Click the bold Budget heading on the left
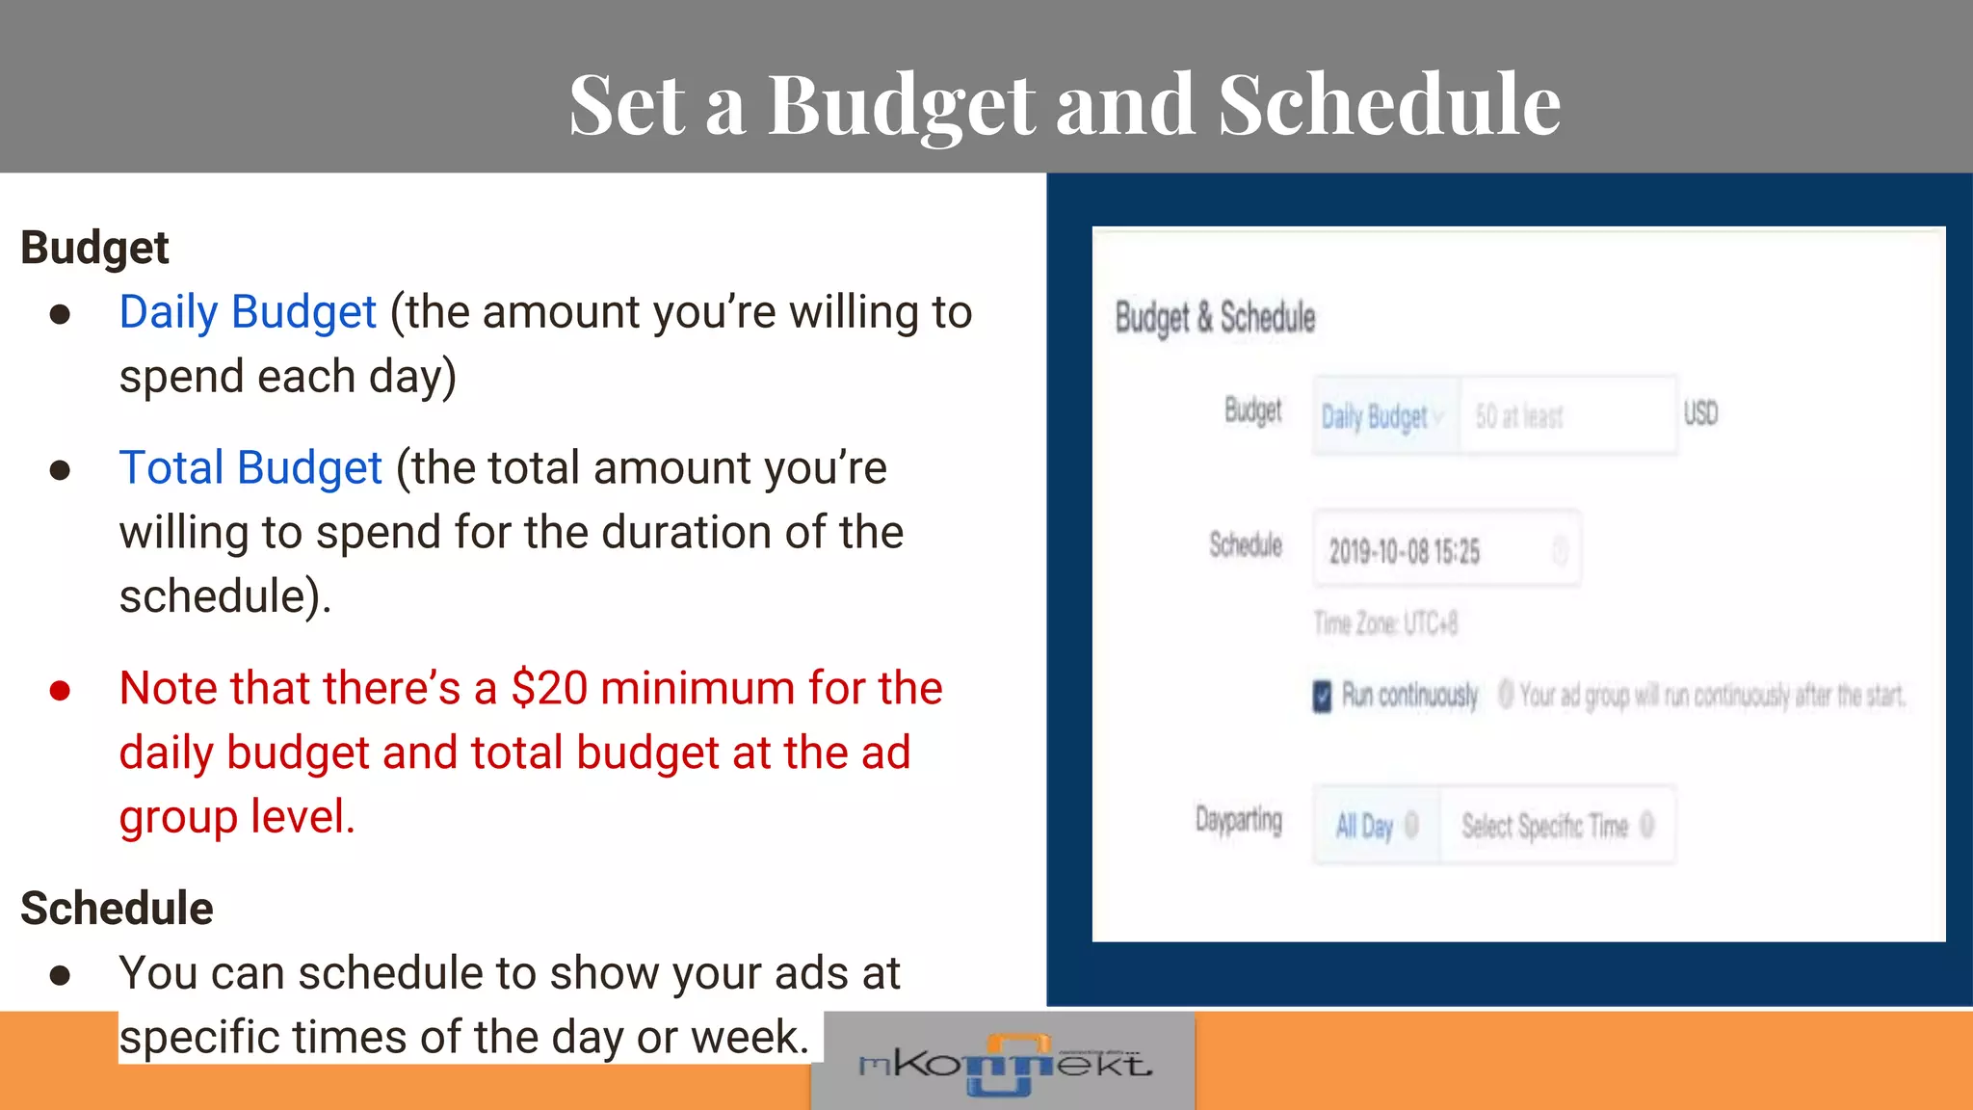pos(94,248)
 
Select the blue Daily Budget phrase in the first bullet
pos(248,312)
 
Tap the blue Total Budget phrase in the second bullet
pos(250,468)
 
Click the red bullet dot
pos(60,690)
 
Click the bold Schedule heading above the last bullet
pos(117,909)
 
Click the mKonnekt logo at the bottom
pos(1003,1064)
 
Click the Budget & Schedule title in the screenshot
pos(1215,317)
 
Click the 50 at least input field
pos(1565,416)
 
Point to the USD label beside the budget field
pos(1700,413)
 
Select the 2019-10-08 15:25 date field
pos(1445,551)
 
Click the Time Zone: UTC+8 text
pos(1385,624)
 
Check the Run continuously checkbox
pos(1323,695)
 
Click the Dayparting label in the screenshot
pos(1239,820)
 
